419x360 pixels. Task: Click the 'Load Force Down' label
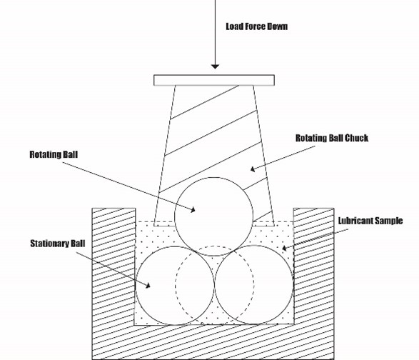257,26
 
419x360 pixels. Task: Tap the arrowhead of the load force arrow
215,66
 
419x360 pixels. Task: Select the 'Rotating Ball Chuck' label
332,138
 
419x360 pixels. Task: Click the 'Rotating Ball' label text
54,154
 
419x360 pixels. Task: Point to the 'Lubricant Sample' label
370,221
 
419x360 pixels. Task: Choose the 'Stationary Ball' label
57,244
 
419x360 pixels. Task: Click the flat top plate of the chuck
214,80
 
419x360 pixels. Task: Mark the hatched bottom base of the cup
213,342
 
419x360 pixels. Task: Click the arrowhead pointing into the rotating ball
193,210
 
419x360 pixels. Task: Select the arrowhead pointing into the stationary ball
148,286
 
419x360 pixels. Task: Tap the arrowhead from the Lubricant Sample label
285,248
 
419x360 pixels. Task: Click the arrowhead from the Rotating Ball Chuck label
253,169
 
